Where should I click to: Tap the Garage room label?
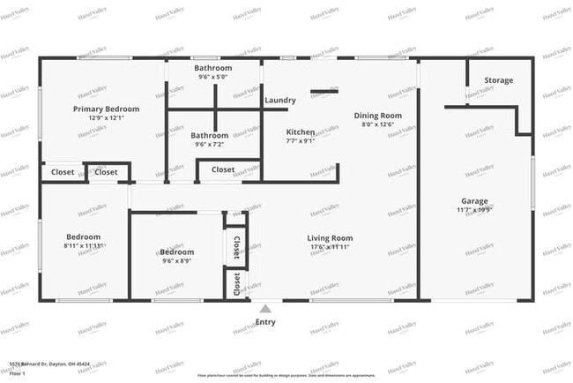coord(474,201)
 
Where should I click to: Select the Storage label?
coord(498,81)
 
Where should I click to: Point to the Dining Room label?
coord(378,116)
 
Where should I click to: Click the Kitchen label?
coord(301,131)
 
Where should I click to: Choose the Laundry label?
coord(280,101)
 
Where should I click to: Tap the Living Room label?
coord(330,238)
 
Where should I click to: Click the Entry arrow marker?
coord(265,308)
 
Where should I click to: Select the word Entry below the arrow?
coord(265,322)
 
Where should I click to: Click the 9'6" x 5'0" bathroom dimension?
coord(212,77)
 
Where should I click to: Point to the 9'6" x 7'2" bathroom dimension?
coord(210,144)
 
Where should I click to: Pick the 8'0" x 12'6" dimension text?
coord(378,124)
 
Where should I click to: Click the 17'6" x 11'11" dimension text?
coord(330,247)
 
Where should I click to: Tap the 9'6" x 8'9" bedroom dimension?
coord(176,260)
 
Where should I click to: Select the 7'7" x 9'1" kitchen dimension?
coord(301,140)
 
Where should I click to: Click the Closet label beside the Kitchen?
coord(223,169)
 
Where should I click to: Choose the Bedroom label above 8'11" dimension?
coord(83,237)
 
